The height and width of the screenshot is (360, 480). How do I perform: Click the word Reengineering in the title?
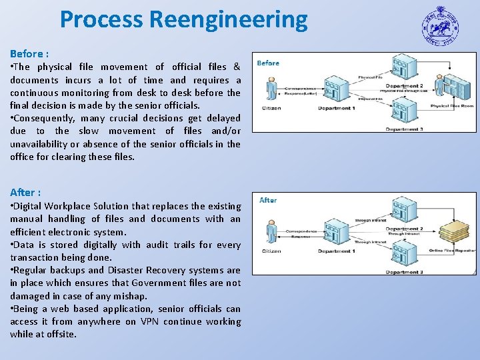coord(229,20)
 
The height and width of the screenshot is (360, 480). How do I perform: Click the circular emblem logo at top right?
coord(440,27)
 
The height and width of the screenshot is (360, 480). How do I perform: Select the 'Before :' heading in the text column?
coord(29,53)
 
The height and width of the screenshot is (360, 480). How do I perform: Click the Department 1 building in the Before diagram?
coord(336,91)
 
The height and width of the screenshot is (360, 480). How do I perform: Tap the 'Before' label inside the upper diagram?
coord(268,63)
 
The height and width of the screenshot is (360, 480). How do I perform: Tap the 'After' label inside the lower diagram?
coord(268,200)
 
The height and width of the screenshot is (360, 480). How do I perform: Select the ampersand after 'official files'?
coord(237,67)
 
